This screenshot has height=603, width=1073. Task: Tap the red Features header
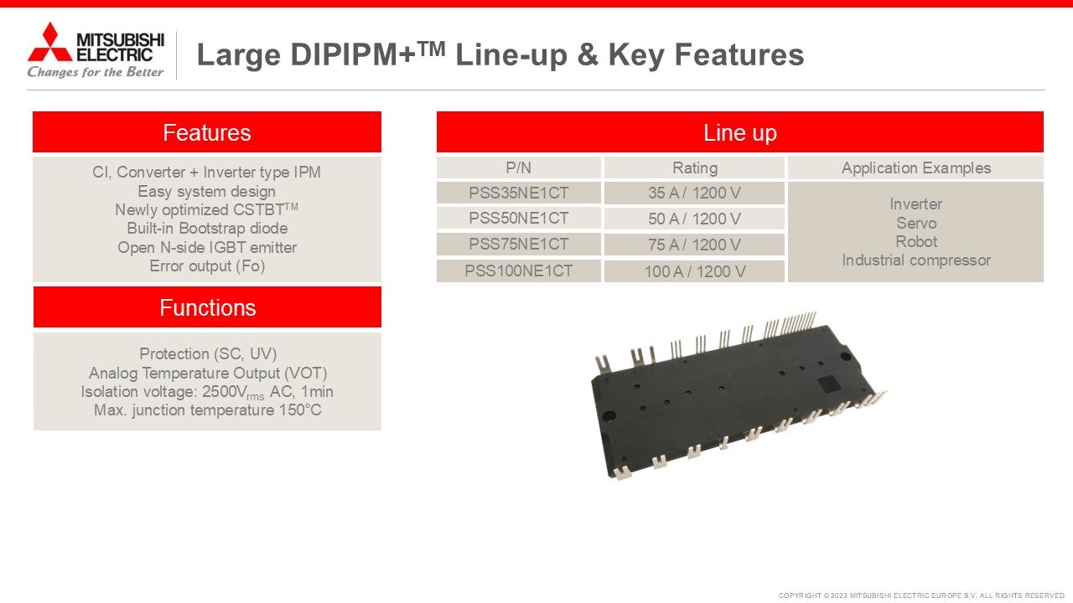(207, 132)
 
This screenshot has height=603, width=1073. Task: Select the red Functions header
(207, 307)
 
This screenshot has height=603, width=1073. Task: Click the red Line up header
(739, 132)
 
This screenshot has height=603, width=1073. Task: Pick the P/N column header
(518, 167)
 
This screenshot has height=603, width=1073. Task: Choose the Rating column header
(694, 167)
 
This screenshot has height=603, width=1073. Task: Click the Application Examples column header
(915, 167)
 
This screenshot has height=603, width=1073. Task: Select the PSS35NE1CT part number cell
(518, 193)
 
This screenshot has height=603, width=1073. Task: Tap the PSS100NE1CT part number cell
(518, 271)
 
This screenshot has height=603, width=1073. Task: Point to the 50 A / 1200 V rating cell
(694, 219)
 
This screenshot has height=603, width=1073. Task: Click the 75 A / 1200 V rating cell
(694, 245)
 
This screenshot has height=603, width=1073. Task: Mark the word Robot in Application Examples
(916, 242)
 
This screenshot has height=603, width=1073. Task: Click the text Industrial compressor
(916, 260)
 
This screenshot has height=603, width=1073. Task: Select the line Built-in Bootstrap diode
(207, 229)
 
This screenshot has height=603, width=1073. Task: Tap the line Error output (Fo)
(207, 266)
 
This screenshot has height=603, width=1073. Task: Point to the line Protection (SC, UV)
(208, 353)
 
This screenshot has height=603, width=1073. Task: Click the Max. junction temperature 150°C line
(208, 410)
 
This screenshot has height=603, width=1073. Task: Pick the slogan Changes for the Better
(96, 72)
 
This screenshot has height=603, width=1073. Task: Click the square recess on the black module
(828, 384)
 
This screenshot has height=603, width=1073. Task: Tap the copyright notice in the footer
(921, 595)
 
